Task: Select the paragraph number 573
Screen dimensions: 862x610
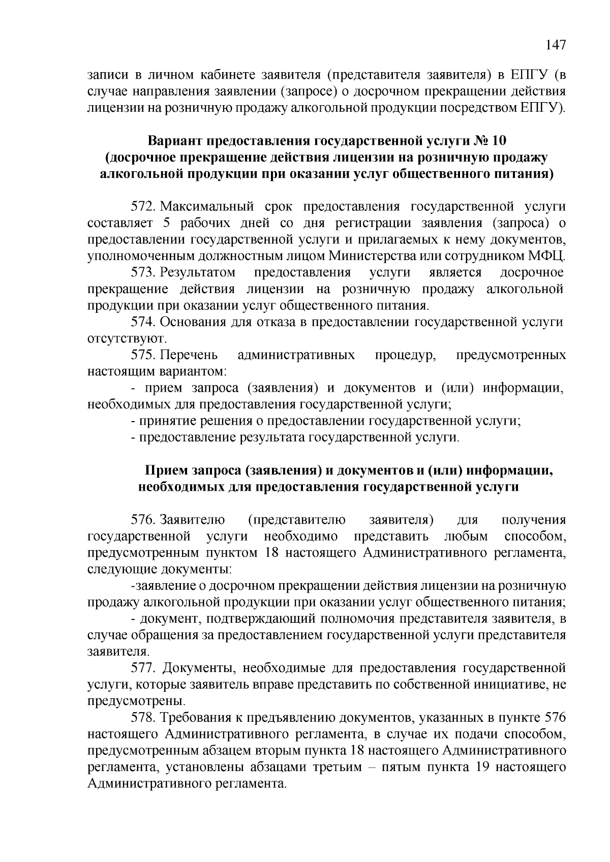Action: click(144, 272)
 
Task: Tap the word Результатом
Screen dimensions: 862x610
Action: click(198, 272)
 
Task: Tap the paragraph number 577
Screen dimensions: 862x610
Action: click(144, 667)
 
